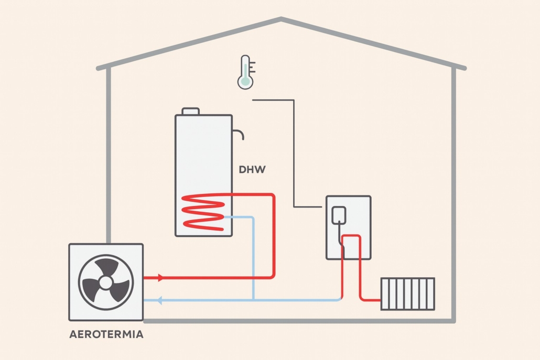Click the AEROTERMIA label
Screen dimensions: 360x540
click(106, 334)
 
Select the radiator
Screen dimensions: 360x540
click(407, 293)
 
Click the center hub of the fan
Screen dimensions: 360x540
click(105, 282)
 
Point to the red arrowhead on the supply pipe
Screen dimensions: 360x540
click(160, 277)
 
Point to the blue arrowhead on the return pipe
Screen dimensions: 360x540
click(160, 300)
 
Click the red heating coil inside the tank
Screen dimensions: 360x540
click(202, 210)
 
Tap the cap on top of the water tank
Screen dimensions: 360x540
click(190, 111)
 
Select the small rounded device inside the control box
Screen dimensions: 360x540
click(339, 214)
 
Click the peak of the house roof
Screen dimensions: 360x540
click(281, 20)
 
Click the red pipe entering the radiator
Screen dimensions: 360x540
click(371, 300)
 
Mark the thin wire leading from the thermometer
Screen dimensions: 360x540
click(294, 152)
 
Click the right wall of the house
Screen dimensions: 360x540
click(453, 194)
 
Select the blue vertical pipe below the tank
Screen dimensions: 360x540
click(253, 262)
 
